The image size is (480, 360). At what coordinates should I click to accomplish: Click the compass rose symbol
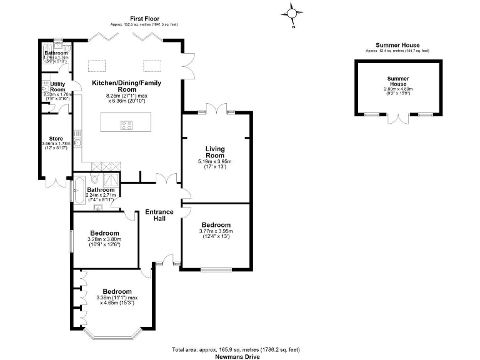click(x=292, y=12)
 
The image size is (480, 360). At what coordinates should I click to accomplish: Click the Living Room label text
click(x=215, y=152)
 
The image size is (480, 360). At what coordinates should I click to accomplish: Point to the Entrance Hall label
click(x=159, y=216)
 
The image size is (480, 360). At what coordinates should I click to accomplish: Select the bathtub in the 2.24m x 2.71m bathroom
click(x=77, y=190)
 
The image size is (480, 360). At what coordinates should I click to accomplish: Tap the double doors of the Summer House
click(x=397, y=119)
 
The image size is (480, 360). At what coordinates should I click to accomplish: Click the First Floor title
click(x=143, y=18)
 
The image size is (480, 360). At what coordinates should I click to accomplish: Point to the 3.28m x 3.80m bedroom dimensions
click(x=104, y=242)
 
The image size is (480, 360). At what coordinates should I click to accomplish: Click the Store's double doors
click(x=55, y=182)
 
